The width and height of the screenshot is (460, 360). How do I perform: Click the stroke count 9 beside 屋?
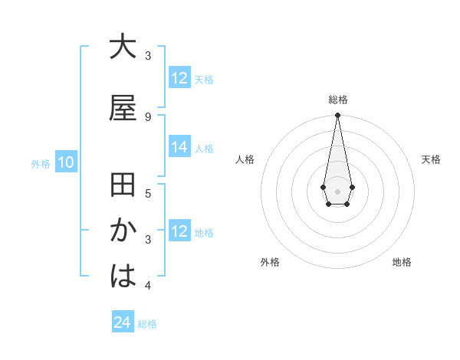(x=148, y=116)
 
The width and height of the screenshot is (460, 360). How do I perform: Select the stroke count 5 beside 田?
(x=148, y=193)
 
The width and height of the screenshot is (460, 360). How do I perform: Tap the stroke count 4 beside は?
(x=148, y=286)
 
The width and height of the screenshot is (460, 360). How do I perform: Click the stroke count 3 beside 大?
(x=148, y=56)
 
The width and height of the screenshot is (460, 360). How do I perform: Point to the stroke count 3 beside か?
(x=148, y=239)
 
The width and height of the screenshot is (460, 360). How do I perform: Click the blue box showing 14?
(x=179, y=147)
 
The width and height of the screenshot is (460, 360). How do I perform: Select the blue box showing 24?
(x=122, y=323)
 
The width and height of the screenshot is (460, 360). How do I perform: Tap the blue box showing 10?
(x=65, y=162)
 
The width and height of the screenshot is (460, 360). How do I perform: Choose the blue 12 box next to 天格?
(x=179, y=78)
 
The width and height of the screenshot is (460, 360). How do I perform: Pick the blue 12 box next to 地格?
(x=179, y=231)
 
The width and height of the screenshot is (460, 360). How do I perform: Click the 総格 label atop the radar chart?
(x=338, y=100)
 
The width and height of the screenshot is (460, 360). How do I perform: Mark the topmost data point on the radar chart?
(x=337, y=116)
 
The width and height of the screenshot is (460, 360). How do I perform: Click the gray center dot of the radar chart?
(x=337, y=191)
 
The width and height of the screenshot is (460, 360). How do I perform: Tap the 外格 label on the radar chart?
(x=270, y=262)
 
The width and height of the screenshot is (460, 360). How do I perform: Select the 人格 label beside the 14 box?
(x=204, y=148)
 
